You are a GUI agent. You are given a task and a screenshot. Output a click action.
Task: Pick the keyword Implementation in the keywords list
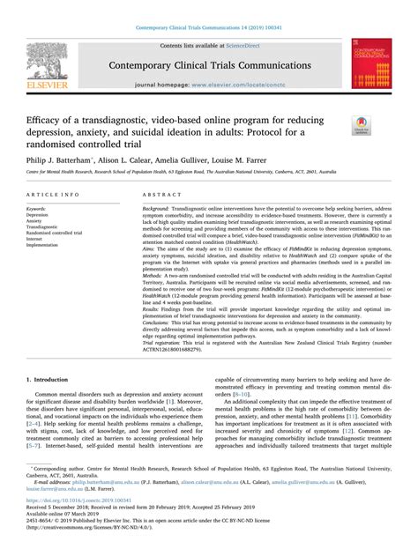click(48, 245)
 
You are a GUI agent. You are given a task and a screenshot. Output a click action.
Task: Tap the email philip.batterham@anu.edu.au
click(101, 508)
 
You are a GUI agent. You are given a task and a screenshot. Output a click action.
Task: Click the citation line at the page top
click(208, 7)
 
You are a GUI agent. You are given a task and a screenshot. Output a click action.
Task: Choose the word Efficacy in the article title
click(51, 119)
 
